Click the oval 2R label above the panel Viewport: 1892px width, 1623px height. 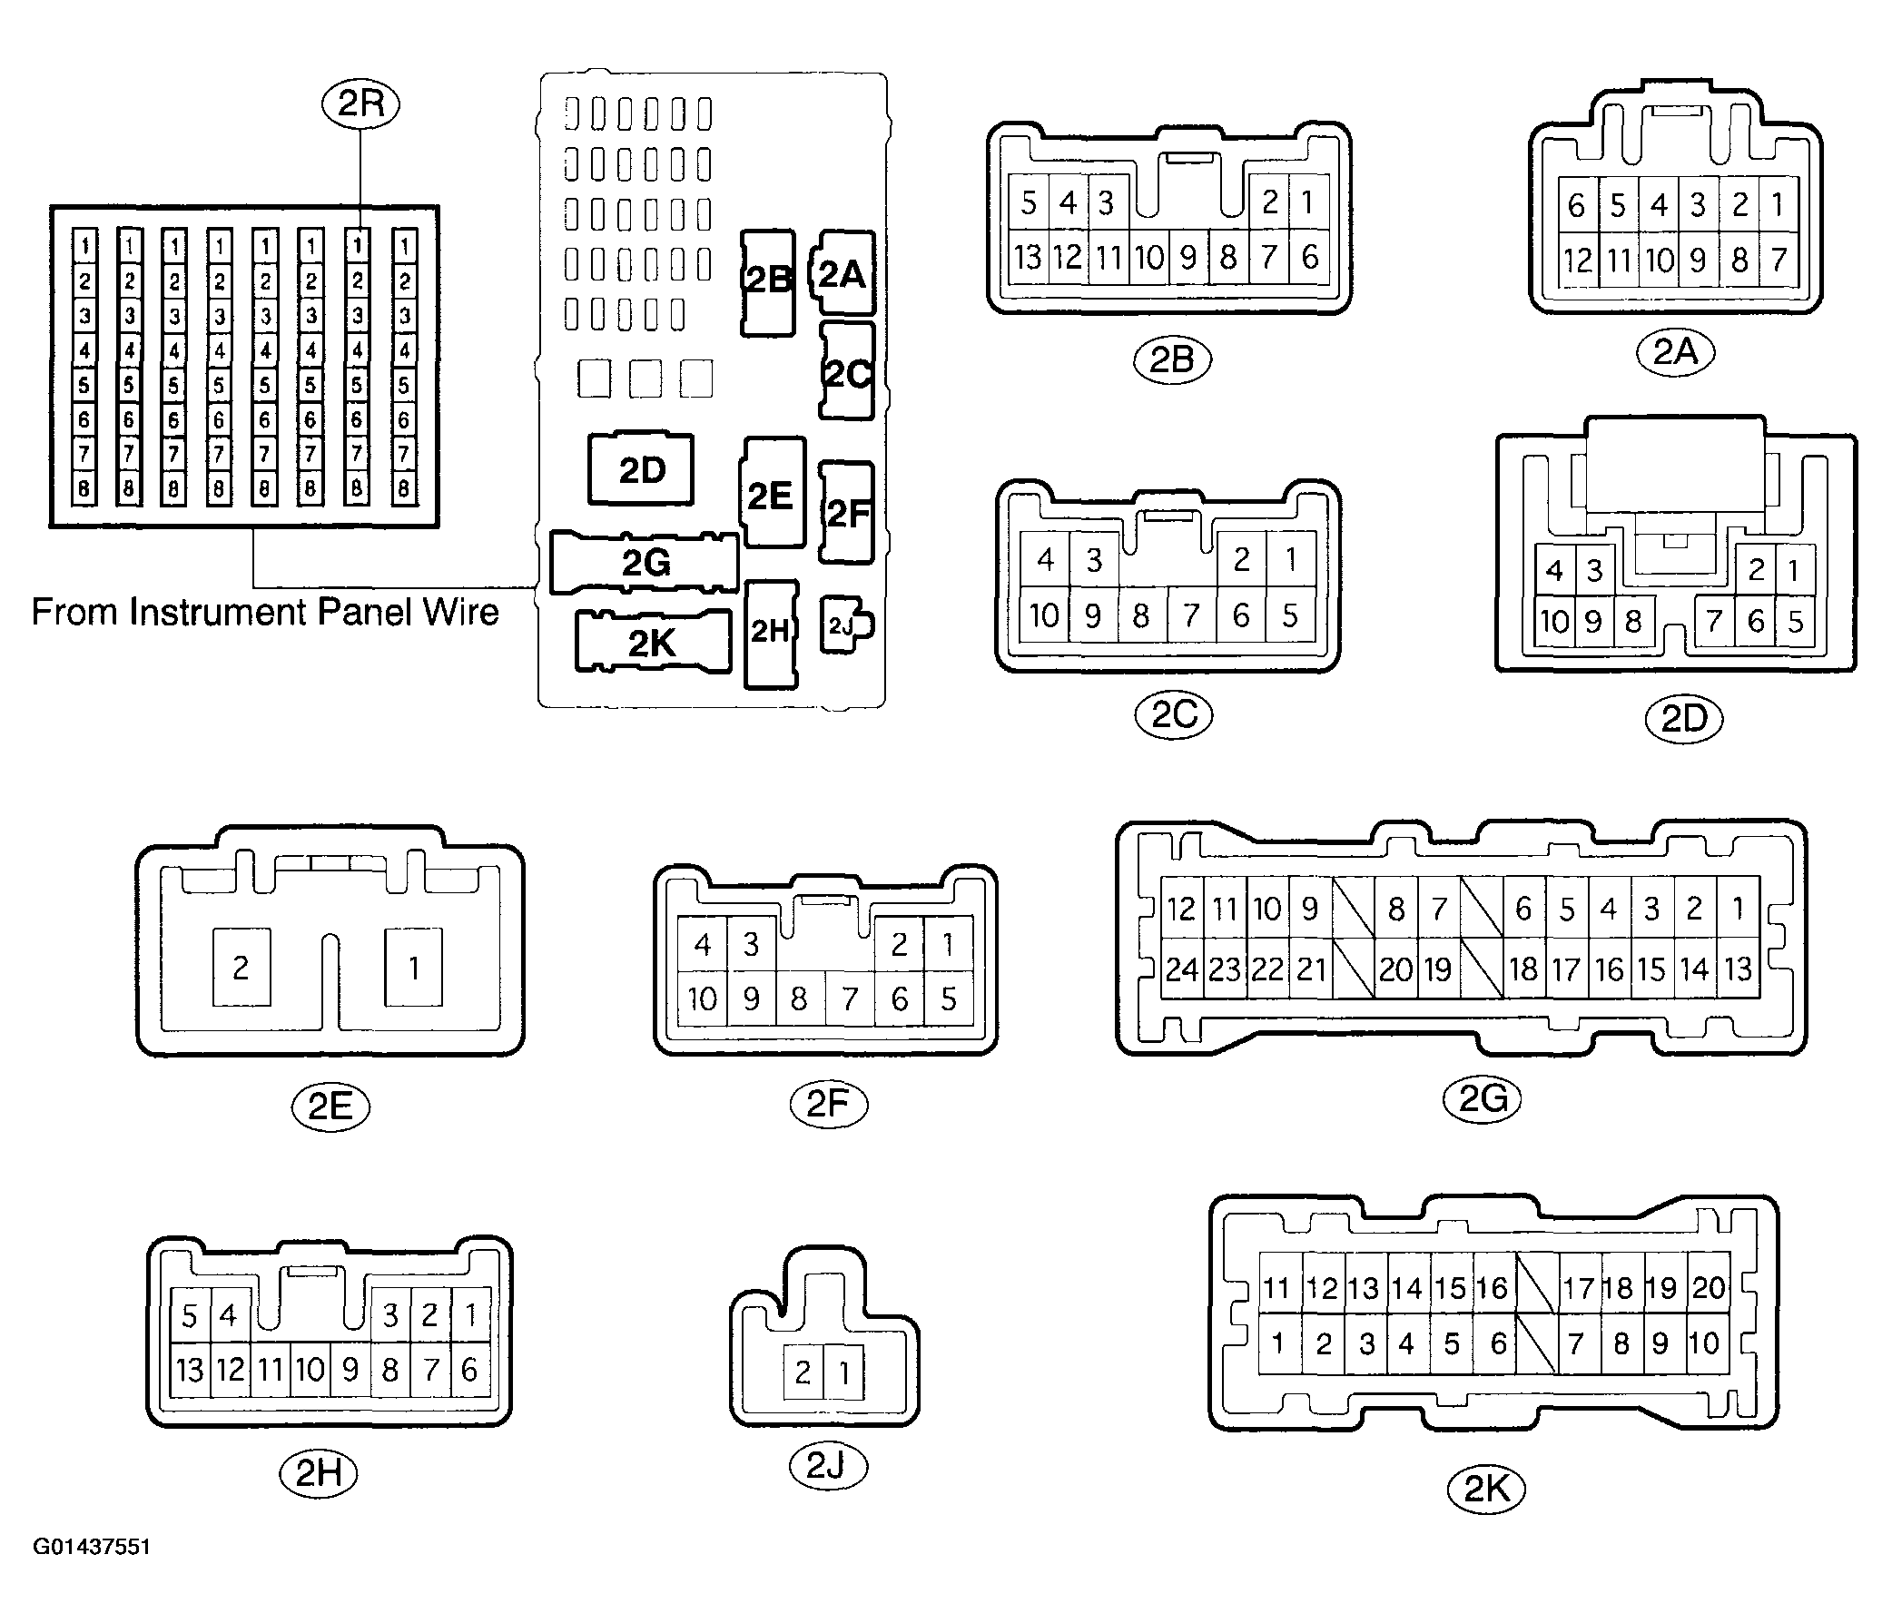[x=360, y=103]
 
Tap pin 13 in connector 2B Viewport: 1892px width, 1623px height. [x=1029, y=257]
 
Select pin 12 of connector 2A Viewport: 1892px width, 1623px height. [x=1578, y=261]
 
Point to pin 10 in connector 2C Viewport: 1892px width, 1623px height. [x=1044, y=615]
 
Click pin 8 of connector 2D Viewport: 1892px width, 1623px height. [x=1633, y=622]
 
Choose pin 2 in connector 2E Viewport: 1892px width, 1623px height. [x=241, y=967]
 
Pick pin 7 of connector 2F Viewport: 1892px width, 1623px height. [x=850, y=998]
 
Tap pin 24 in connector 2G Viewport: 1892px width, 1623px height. [x=1181, y=969]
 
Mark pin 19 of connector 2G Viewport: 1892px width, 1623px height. [x=1438, y=969]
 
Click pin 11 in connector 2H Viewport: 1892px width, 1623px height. [x=271, y=1369]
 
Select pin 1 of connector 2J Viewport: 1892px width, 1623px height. [x=844, y=1372]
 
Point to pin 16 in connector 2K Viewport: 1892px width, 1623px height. [x=1493, y=1288]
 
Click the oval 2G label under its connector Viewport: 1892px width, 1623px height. [x=1482, y=1098]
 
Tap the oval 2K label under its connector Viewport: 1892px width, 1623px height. [x=1486, y=1490]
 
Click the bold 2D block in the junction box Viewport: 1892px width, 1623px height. [x=641, y=469]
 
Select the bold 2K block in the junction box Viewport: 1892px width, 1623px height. [x=653, y=643]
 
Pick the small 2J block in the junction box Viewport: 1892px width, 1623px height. [x=845, y=625]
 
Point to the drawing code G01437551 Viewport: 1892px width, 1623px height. [x=92, y=1547]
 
